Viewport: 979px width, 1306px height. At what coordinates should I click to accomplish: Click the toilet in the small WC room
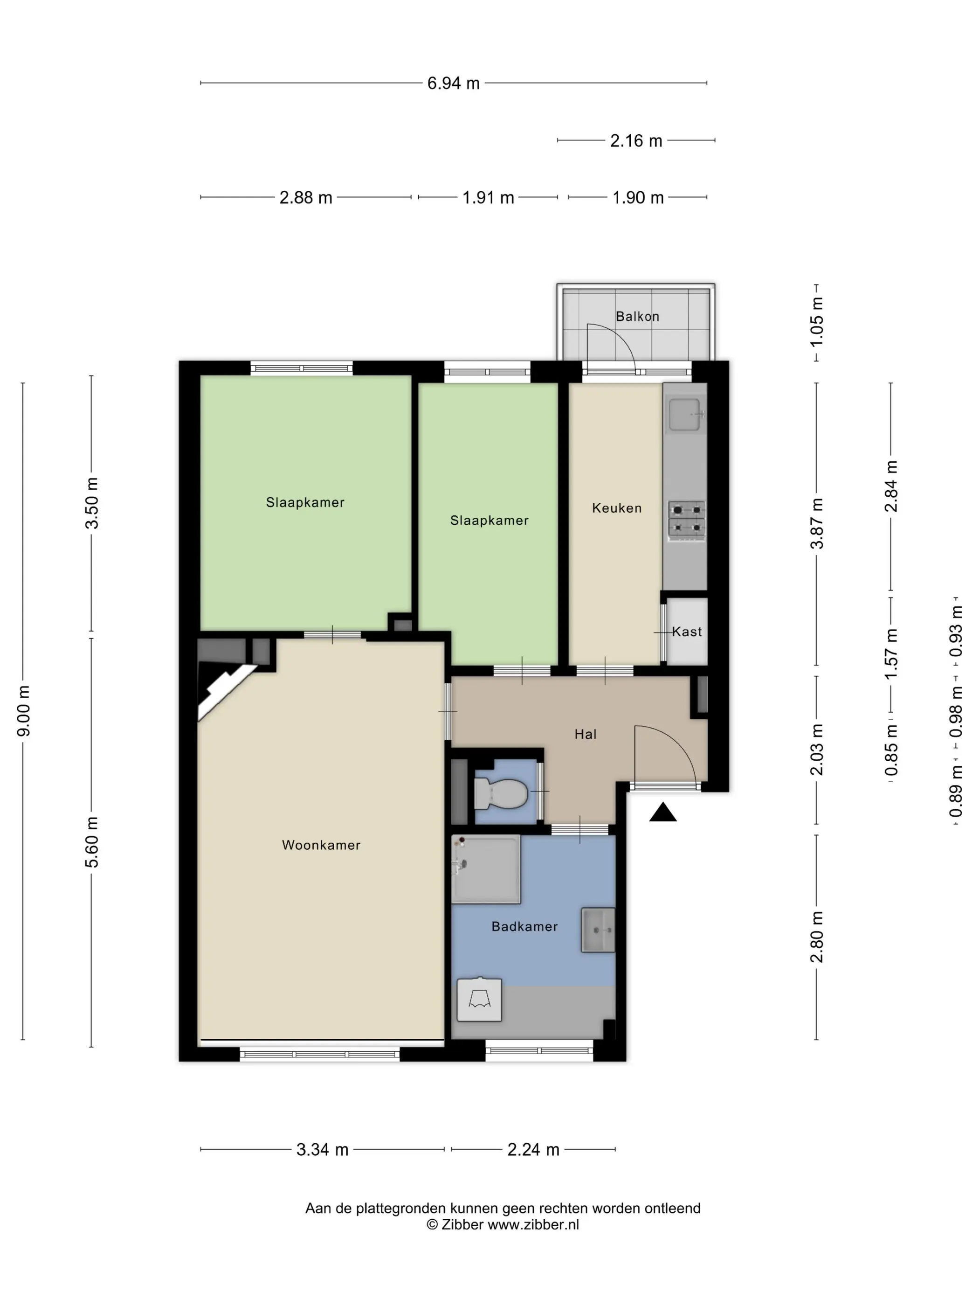pos(500,793)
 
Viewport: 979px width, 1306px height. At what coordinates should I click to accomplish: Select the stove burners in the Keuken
pos(687,520)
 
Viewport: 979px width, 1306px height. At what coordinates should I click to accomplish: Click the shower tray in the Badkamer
pos(486,868)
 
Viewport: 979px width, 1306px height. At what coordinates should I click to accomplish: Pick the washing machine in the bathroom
pos(479,1000)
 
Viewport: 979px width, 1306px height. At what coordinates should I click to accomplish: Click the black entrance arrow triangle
pos(663,812)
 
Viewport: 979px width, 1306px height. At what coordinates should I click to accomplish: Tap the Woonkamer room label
pos(321,845)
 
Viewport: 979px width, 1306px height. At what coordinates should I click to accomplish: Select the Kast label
pos(687,632)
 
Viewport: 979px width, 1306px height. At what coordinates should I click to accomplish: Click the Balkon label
pos(637,316)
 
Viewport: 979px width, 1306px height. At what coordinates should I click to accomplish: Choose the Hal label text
pos(586,735)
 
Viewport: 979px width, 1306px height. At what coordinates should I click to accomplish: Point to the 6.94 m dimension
pos(453,83)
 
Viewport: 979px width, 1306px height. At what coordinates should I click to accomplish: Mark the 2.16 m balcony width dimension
pos(636,140)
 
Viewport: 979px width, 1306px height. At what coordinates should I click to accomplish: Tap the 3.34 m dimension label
pos(322,1150)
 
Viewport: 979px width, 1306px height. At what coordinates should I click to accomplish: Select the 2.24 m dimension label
pos(533,1150)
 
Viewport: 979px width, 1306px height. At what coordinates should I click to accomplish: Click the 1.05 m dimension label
pos(817,322)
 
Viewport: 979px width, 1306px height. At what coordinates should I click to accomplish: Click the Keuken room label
pos(617,508)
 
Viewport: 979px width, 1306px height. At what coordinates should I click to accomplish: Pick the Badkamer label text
pos(524,926)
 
